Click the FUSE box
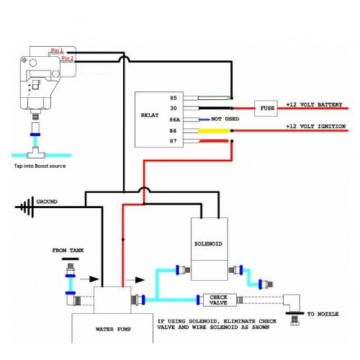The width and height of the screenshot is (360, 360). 266,108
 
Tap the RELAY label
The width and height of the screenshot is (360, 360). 150,115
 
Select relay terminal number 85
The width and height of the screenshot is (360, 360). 174,98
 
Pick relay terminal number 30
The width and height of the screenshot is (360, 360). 174,108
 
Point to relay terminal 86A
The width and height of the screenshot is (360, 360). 175,120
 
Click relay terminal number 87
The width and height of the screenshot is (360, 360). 174,141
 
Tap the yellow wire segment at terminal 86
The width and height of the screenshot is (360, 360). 214,131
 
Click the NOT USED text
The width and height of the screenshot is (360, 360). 225,119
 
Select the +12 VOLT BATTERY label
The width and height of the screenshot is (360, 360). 314,104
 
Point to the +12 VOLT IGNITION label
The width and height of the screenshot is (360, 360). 316,126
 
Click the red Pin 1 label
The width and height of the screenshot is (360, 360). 57,50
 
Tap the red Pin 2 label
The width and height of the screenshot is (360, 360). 67,58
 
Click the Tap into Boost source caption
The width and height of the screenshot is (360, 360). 40,166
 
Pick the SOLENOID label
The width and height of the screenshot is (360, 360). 208,244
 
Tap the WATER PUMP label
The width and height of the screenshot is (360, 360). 113,329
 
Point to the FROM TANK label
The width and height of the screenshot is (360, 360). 68,251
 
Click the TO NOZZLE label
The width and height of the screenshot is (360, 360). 323,314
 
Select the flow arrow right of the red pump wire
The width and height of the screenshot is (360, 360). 135,280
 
